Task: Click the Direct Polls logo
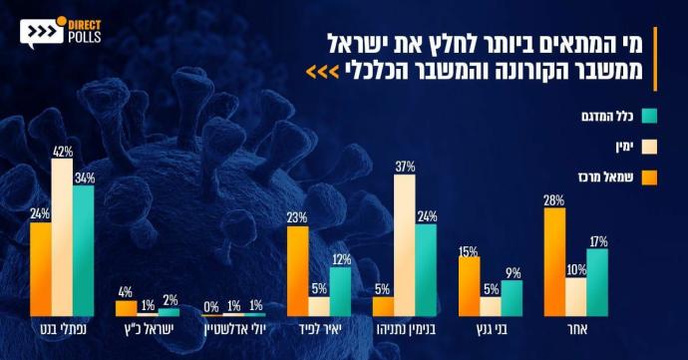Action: [x=60, y=31]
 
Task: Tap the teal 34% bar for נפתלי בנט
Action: [x=84, y=250]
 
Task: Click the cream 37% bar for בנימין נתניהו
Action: [x=404, y=245]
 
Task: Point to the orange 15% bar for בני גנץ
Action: [x=470, y=285]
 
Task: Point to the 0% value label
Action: [x=212, y=305]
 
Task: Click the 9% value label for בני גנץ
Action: [x=512, y=271]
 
